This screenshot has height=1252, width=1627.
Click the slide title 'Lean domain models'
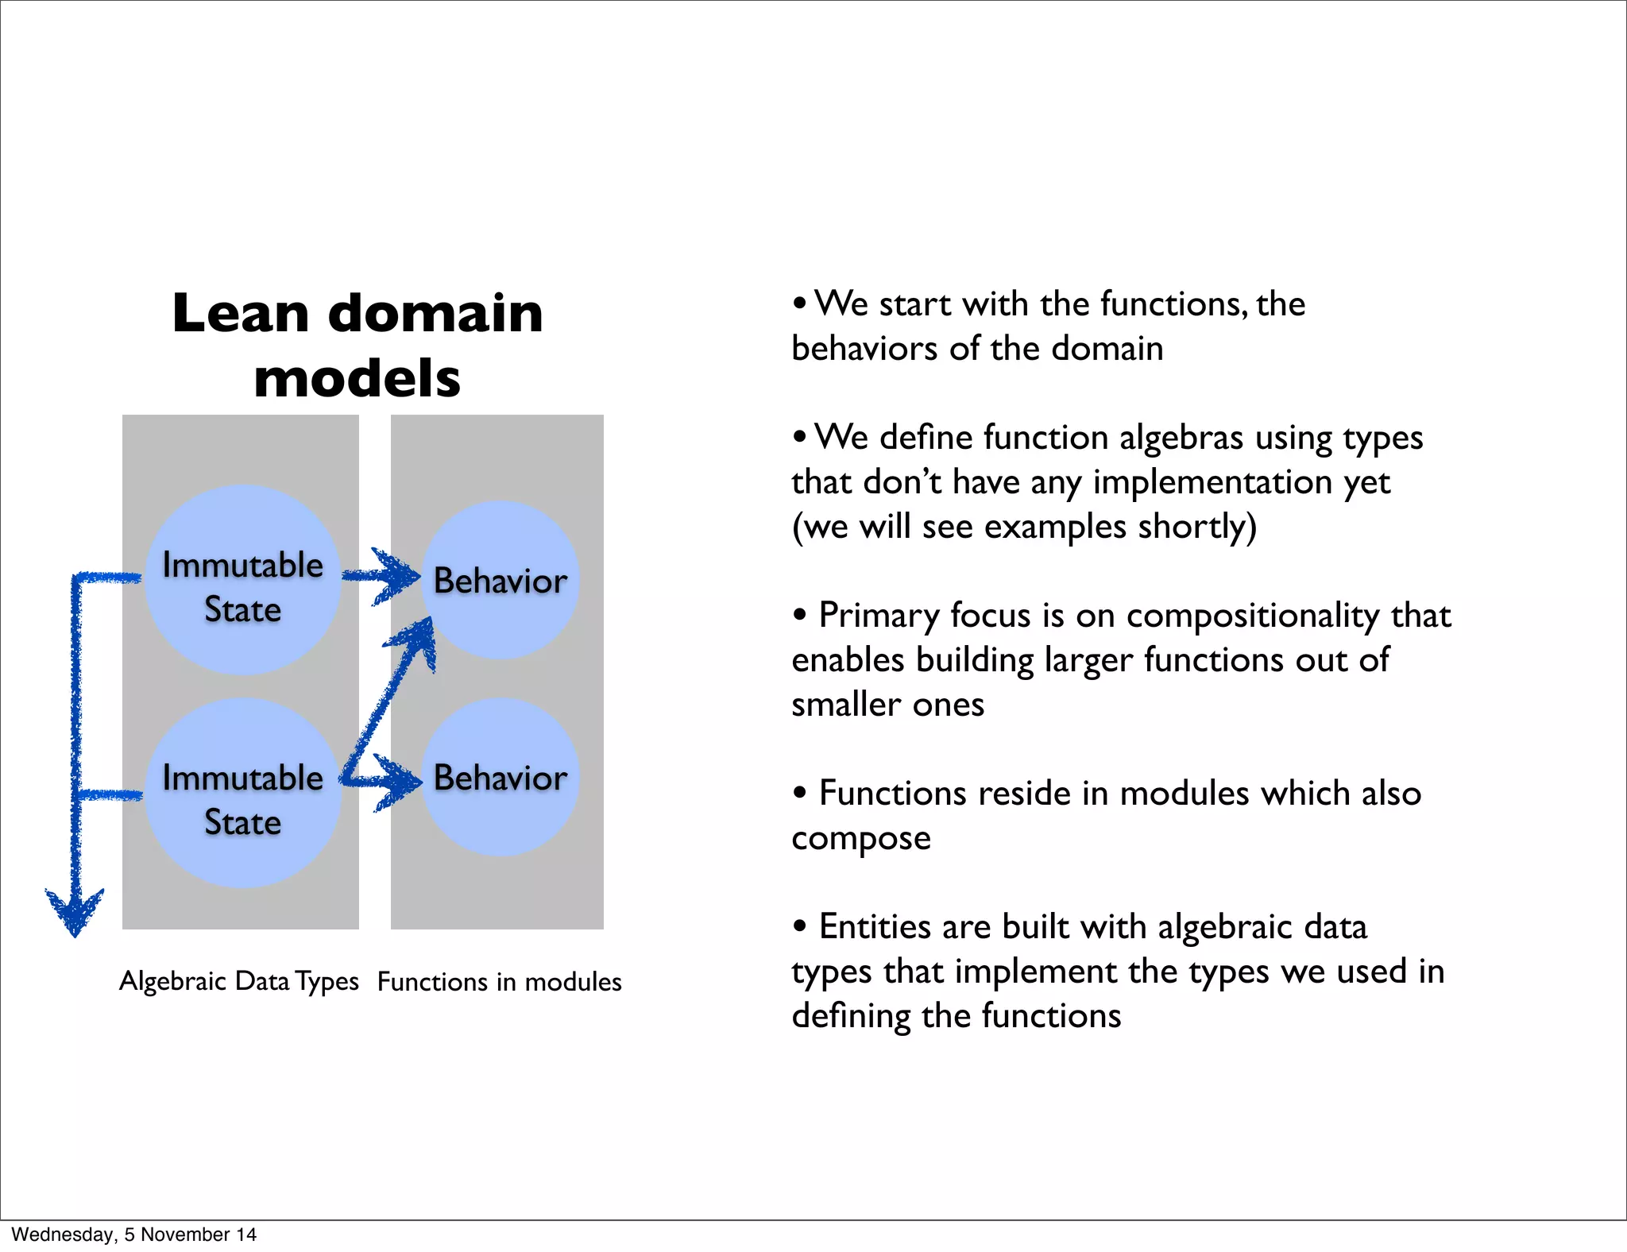pos(357,344)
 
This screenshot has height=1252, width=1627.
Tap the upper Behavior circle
pos(500,581)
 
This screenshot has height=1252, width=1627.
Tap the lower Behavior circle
pos(500,778)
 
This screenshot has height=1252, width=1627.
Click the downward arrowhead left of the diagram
pos(75,914)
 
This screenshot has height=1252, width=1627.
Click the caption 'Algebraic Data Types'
pos(238,981)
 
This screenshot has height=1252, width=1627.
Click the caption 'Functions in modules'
pos(499,982)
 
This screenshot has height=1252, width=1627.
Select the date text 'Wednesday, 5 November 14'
pos(133,1235)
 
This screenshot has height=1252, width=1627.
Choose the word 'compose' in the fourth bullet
pos(861,839)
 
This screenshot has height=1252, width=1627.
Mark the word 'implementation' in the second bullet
pos(1212,482)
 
